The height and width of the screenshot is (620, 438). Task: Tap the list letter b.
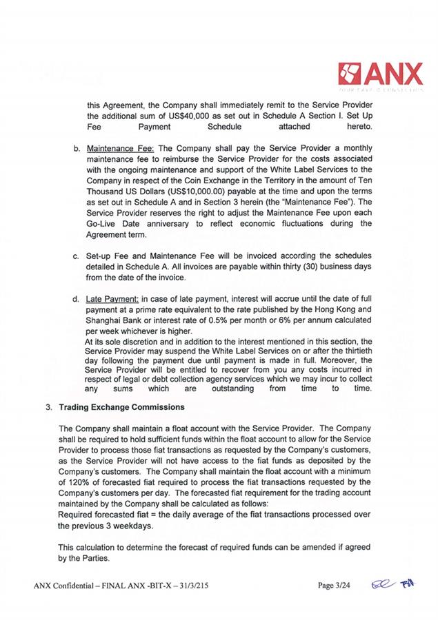point(75,148)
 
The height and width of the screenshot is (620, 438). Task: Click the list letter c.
point(75,258)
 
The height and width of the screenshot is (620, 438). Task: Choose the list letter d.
point(75,300)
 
